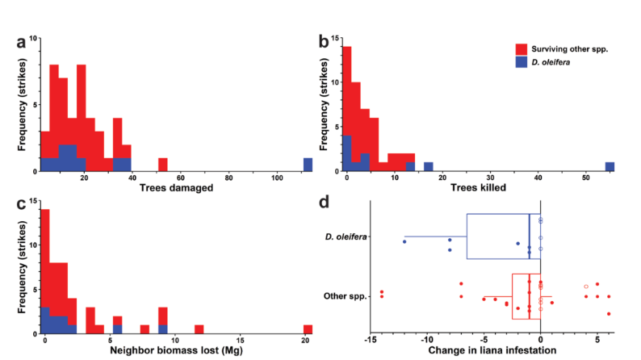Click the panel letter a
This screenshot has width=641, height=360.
coord(21,42)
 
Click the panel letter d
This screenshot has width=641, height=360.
coord(325,202)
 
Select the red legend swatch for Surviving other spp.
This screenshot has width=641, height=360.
coord(522,49)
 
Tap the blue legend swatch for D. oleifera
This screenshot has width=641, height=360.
coord(522,62)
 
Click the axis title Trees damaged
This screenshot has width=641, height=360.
coord(176,187)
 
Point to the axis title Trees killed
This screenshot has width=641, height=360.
coord(478,187)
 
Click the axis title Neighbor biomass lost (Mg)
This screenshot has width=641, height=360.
coord(176,350)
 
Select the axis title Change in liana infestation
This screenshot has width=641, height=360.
coord(492,350)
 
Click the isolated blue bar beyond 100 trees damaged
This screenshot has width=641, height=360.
coord(308,165)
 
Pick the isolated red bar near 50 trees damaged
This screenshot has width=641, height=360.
coord(163,165)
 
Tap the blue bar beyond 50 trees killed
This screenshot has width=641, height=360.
coord(610,167)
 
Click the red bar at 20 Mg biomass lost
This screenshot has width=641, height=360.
coord(308,329)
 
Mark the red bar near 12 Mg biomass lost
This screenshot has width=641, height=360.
coord(199,329)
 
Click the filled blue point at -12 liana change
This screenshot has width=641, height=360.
coord(404,242)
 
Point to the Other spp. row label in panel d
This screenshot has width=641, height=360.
coord(345,296)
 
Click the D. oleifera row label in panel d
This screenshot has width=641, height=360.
coord(346,237)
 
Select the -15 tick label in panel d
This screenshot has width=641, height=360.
coord(371,340)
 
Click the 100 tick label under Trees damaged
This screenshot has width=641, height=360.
coord(277,178)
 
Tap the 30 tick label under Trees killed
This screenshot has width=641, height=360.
coord(490,178)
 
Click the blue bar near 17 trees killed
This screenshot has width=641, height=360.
coord(428,167)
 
